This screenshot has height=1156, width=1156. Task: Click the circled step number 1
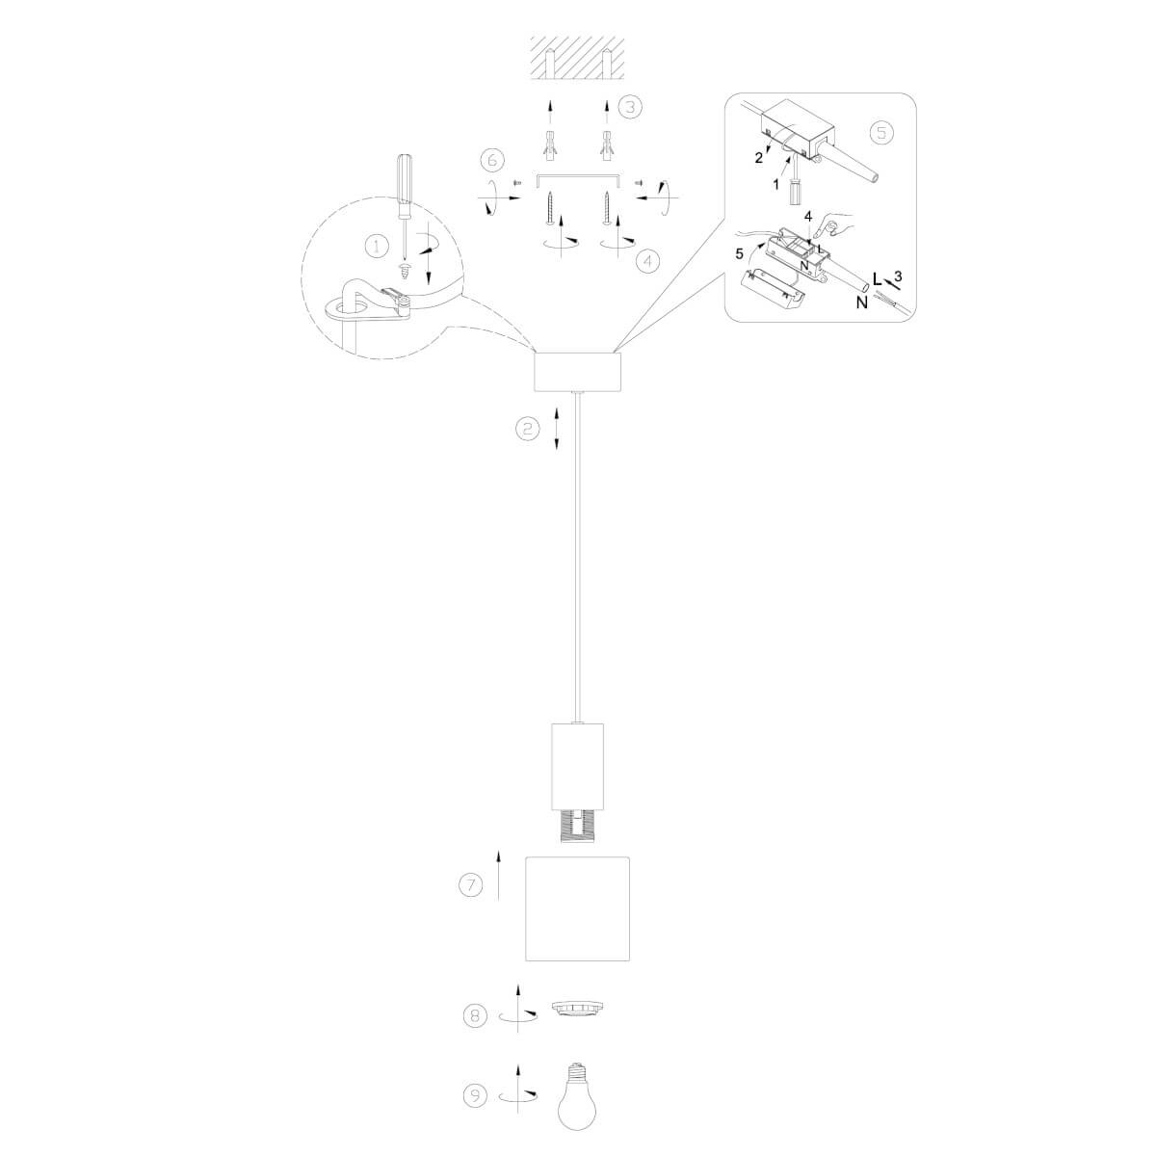[377, 246]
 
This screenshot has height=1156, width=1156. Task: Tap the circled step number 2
[528, 429]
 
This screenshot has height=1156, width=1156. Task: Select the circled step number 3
[629, 107]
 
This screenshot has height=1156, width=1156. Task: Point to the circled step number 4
[646, 261]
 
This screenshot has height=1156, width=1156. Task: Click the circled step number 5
[881, 132]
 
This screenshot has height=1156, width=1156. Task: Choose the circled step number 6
[492, 161]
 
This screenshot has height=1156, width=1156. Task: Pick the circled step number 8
[475, 1015]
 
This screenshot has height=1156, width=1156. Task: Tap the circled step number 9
[475, 1095]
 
